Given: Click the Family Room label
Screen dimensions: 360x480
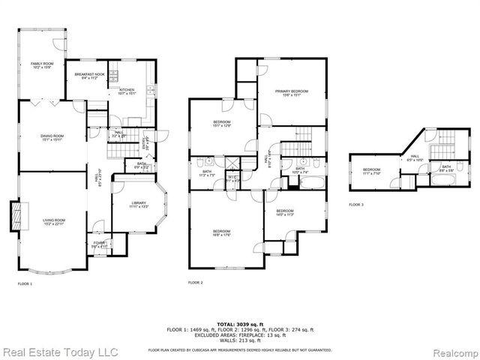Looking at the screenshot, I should pos(41,65).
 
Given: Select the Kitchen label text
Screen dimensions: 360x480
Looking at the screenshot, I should pos(127,91).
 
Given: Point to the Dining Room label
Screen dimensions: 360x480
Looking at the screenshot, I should pos(52,137).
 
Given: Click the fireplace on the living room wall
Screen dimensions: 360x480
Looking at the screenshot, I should pos(16,217).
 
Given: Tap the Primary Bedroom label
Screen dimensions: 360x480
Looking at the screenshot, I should pos(292,93).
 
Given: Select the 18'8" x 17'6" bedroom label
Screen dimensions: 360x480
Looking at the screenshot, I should pos(221,232).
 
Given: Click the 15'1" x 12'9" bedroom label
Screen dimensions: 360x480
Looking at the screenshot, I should pos(221,124).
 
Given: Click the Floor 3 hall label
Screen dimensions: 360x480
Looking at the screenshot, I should pos(415,157).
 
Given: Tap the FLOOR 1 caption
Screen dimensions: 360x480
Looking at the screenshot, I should pos(25,283).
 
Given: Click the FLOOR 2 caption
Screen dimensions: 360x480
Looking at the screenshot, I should pos(196,283).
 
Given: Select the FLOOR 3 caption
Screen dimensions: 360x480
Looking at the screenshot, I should pos(356,204).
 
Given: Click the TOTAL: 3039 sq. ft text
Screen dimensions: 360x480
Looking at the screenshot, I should pos(240,322).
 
